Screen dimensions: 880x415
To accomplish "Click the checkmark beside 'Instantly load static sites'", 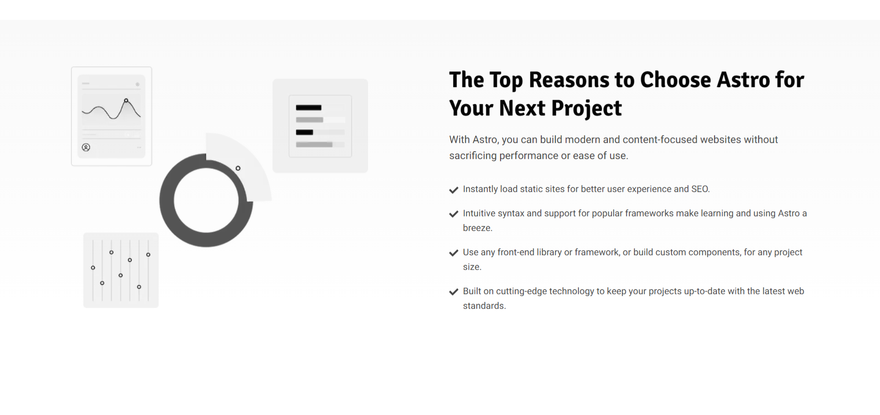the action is pos(454,190).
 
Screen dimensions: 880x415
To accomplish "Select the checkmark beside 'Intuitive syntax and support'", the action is pos(454,214).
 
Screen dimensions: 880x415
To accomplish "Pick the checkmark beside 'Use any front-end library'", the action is pos(454,253).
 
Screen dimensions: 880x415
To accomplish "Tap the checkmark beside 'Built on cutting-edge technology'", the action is pos(454,292).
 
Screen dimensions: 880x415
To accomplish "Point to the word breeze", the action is pos(478,228).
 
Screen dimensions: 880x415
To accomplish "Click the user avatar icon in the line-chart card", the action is pos(86,147).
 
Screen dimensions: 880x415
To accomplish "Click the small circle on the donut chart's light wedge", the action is pos(238,169).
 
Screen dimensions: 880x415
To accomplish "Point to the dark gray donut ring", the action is pos(167,201).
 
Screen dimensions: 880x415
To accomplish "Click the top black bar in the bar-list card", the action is pos(308,108).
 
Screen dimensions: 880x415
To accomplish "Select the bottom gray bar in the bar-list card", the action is pos(314,145).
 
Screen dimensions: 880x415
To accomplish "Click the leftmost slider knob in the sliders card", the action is pos(93,268).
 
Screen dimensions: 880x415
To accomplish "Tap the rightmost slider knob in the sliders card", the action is pos(148,255).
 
